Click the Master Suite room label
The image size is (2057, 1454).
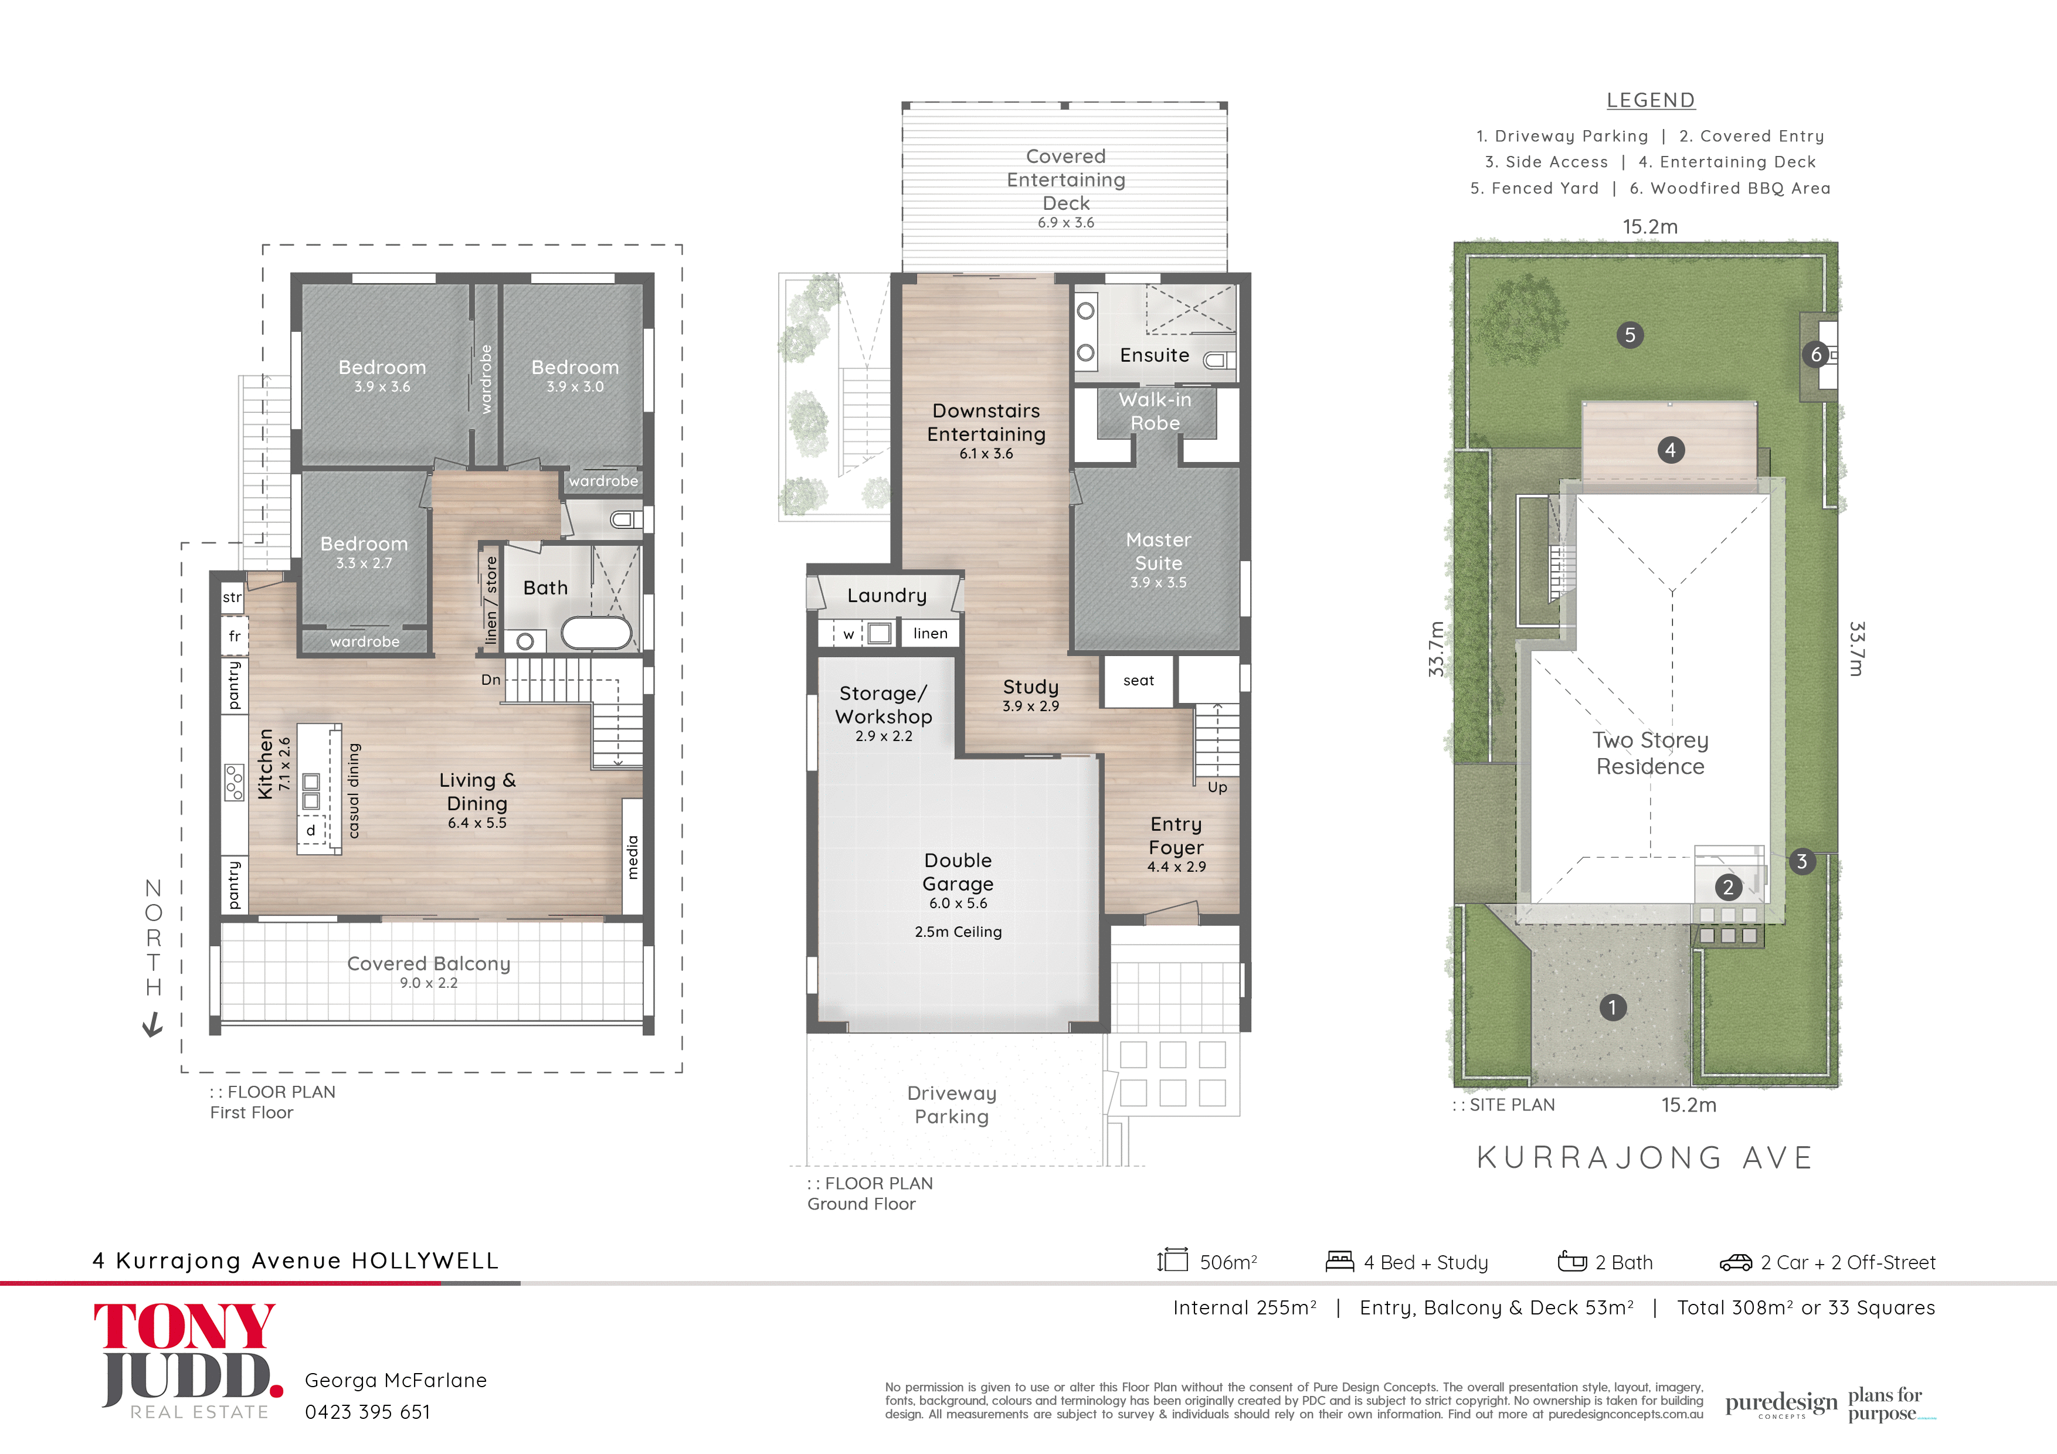pos(1159,551)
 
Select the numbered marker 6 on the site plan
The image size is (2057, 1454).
pos(1816,355)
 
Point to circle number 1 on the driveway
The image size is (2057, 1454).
pos(1612,1007)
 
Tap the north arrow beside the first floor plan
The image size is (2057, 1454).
pos(153,1024)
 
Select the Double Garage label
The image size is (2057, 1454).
pos(958,872)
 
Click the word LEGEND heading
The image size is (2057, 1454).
pos(1650,100)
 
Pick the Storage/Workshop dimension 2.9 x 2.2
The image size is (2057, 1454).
pos(883,736)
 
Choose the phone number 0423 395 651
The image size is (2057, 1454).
pos(367,1412)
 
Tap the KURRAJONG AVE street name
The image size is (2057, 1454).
pos(1645,1157)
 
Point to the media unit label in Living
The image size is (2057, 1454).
pos(633,857)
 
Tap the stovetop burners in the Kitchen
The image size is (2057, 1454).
pos(234,782)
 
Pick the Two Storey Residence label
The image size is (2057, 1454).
pos(1650,753)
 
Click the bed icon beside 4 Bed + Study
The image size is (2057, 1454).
pos(1339,1261)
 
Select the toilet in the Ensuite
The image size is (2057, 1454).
pos(1218,360)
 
